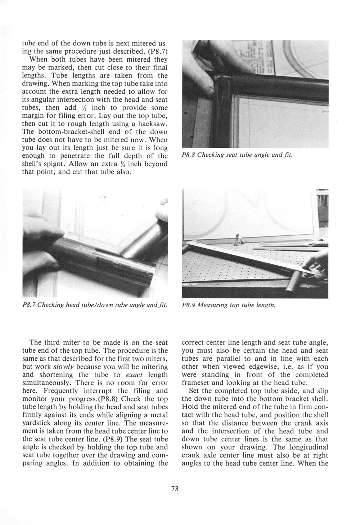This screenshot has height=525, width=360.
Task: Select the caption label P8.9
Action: coord(189,306)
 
